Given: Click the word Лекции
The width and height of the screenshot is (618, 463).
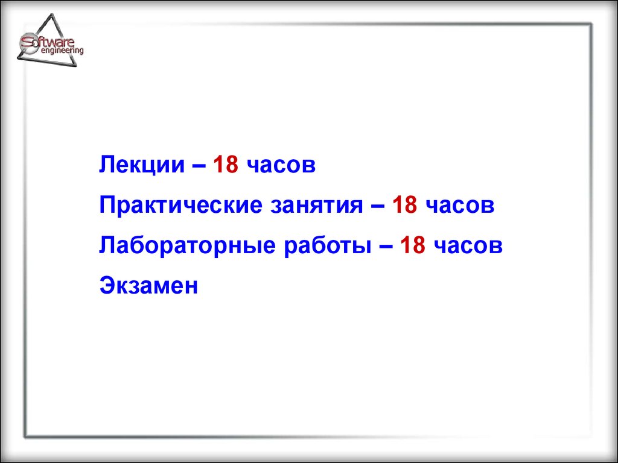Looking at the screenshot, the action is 141,165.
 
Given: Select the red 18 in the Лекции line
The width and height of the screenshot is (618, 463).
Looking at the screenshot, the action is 226,164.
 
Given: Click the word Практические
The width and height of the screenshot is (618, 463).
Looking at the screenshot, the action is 180,206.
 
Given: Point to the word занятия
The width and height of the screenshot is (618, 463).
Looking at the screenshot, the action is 316,206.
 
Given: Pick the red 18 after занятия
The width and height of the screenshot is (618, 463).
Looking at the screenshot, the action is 405,205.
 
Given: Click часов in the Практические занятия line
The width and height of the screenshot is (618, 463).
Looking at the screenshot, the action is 460,206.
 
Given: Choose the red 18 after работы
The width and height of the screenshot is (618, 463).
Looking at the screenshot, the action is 413,245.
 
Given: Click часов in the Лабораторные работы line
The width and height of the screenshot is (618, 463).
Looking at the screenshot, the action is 468,247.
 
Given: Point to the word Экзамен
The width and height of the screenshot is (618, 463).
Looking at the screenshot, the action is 148,285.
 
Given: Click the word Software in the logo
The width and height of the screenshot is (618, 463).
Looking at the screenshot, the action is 47,42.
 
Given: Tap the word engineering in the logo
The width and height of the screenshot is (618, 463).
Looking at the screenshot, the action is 62,51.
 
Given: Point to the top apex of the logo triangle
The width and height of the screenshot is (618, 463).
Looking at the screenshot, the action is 52,14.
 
